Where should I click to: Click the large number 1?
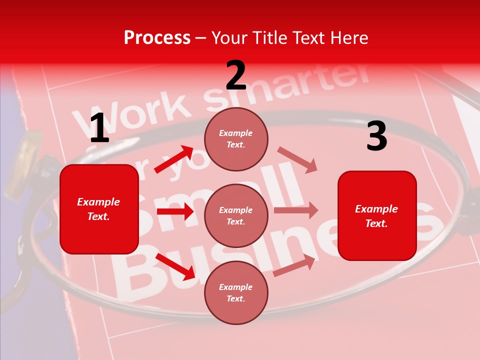[99, 129]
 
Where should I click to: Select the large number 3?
[376, 137]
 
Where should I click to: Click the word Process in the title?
[157, 37]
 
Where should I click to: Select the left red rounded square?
[99, 209]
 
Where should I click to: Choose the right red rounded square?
[377, 215]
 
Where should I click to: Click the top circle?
[236, 139]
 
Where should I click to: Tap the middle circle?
[236, 216]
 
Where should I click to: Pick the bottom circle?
[236, 292]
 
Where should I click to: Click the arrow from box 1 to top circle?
[173, 159]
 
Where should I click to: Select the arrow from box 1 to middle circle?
[175, 211]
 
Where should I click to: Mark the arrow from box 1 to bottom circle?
[175, 266]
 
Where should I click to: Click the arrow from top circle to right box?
[297, 160]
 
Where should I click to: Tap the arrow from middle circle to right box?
[296, 210]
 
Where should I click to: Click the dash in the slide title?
[201, 38]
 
